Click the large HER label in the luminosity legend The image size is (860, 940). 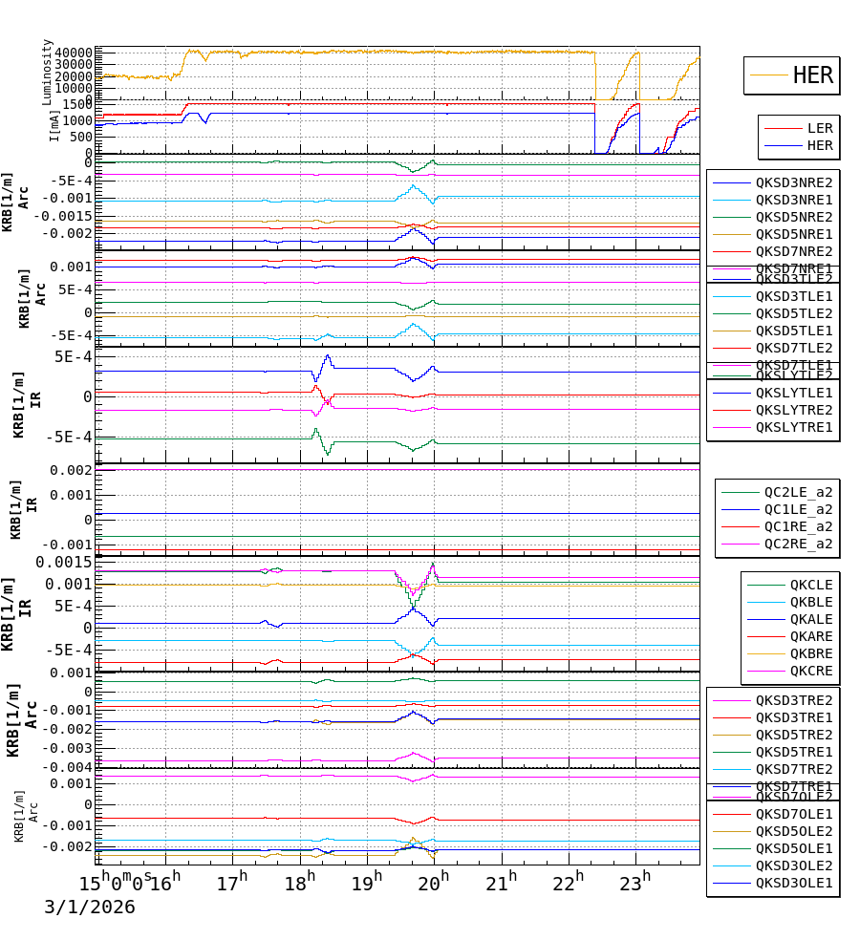click(x=812, y=75)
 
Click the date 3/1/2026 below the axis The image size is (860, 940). click(x=90, y=907)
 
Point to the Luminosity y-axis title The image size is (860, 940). click(x=48, y=72)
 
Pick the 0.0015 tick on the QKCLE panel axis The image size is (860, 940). click(x=64, y=562)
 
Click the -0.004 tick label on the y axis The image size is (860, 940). click(x=67, y=767)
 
